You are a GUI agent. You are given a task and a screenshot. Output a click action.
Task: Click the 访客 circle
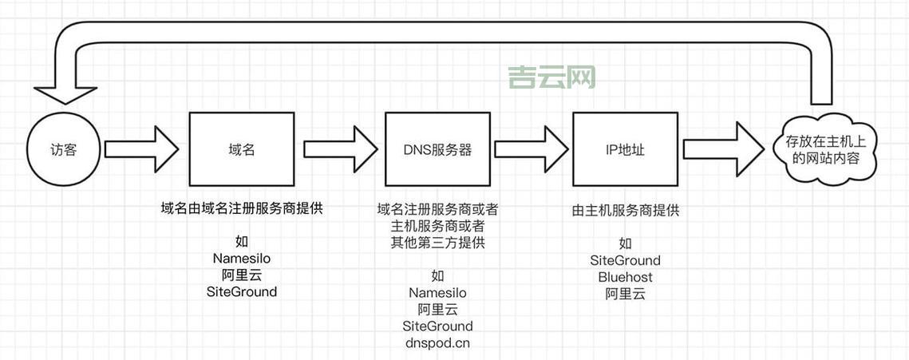pyautogui.click(x=63, y=149)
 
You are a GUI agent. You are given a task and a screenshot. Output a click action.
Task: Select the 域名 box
pyautogui.click(x=242, y=149)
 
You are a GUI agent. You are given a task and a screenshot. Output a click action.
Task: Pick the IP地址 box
pyautogui.click(x=625, y=149)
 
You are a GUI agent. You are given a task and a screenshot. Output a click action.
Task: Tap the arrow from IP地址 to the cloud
pyautogui.click(x=722, y=149)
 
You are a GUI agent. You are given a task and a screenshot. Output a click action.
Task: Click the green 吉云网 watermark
pyautogui.click(x=552, y=77)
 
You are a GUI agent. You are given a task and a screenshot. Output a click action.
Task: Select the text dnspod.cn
pyautogui.click(x=437, y=343)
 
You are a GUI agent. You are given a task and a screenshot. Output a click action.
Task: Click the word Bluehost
pyautogui.click(x=625, y=277)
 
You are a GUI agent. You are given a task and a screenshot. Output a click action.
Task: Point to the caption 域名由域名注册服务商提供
pyautogui.click(x=242, y=209)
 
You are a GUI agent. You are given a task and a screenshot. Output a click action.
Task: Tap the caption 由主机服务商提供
pyautogui.click(x=625, y=211)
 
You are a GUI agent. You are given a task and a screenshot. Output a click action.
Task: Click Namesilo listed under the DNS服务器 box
pyautogui.click(x=437, y=293)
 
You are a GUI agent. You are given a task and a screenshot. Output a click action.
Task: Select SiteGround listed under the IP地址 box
pyautogui.click(x=625, y=260)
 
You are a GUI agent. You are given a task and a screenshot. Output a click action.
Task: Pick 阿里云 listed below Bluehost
pyautogui.click(x=625, y=294)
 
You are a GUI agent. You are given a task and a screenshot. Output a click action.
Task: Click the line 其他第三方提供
pyautogui.click(x=437, y=243)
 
